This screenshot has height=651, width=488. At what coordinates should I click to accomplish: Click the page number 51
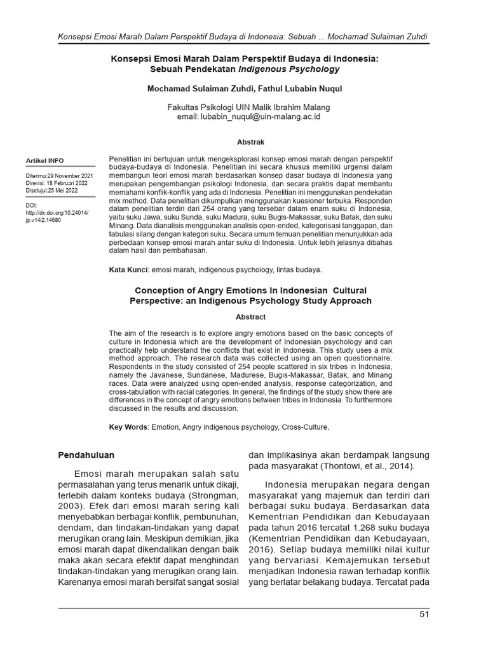(x=424, y=613)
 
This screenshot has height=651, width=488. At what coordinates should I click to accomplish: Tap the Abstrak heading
(x=251, y=142)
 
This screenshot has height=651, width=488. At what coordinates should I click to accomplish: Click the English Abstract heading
(x=250, y=317)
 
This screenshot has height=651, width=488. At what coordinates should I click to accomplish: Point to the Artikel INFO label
(x=44, y=160)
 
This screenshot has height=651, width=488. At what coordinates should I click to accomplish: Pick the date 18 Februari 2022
(x=67, y=182)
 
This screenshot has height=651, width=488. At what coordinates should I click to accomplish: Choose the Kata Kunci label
(x=129, y=270)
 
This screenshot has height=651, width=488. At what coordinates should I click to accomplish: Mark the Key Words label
(x=128, y=427)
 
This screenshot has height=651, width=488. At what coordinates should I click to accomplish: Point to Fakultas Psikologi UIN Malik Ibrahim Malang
(x=248, y=107)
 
